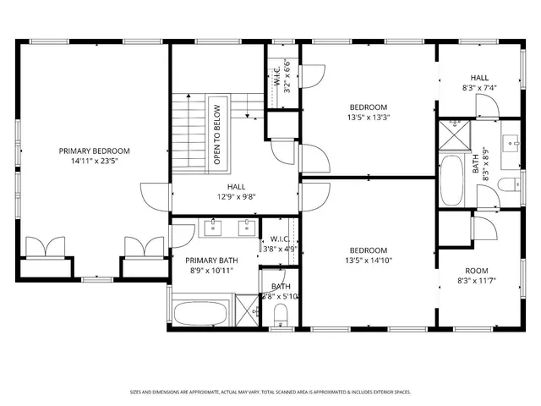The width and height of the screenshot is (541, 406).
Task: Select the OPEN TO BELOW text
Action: pos(216,134)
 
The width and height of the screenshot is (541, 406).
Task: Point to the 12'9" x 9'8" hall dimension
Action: pos(236,196)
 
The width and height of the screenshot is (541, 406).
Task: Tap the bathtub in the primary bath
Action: pos(200,313)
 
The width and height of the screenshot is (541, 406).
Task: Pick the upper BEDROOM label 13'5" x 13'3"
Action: pos(369,107)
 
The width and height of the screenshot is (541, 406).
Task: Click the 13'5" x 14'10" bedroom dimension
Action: pos(369,261)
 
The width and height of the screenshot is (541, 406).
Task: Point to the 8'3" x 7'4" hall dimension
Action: pos(478,87)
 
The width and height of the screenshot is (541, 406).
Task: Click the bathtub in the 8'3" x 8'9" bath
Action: pos(451,179)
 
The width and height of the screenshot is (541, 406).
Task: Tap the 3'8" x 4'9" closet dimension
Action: pos(279,250)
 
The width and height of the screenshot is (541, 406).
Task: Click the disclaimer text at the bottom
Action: pos(270,392)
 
